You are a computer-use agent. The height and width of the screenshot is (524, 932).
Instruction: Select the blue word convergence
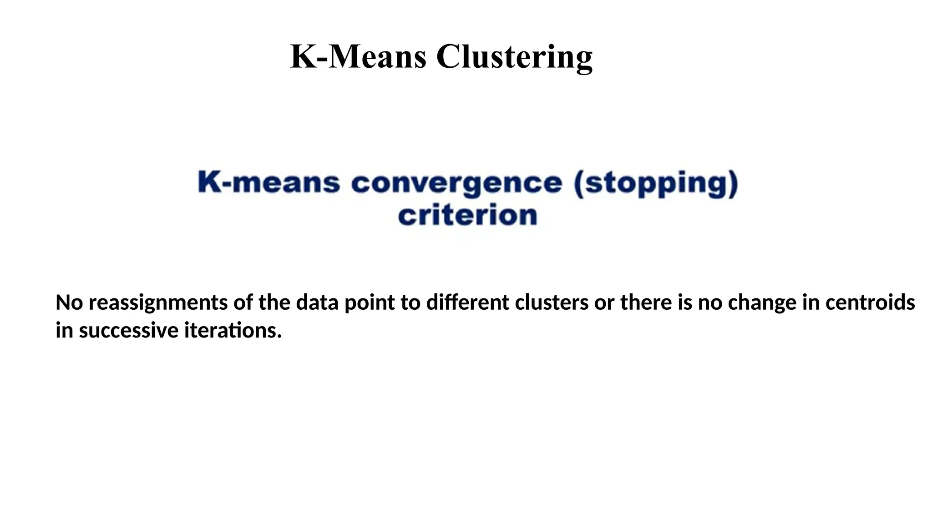point(456,183)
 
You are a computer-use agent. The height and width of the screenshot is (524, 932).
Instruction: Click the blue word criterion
point(467,215)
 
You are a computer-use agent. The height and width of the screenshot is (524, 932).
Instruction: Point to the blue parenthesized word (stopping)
point(655,183)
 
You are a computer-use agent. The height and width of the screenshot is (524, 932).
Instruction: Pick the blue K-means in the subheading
point(269,183)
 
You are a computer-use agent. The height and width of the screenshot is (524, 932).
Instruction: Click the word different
point(467,302)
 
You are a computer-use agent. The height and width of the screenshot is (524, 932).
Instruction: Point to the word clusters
point(552,302)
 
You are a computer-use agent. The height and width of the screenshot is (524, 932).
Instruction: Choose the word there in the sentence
point(646,302)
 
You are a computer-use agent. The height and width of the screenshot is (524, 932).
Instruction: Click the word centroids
point(870,302)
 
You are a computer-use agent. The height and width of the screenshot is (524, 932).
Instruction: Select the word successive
point(128,330)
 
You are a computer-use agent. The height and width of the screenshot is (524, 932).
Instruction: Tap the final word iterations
point(233,330)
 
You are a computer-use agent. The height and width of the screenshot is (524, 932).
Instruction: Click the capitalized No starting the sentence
point(69,302)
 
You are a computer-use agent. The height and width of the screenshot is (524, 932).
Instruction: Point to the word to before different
point(410,302)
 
